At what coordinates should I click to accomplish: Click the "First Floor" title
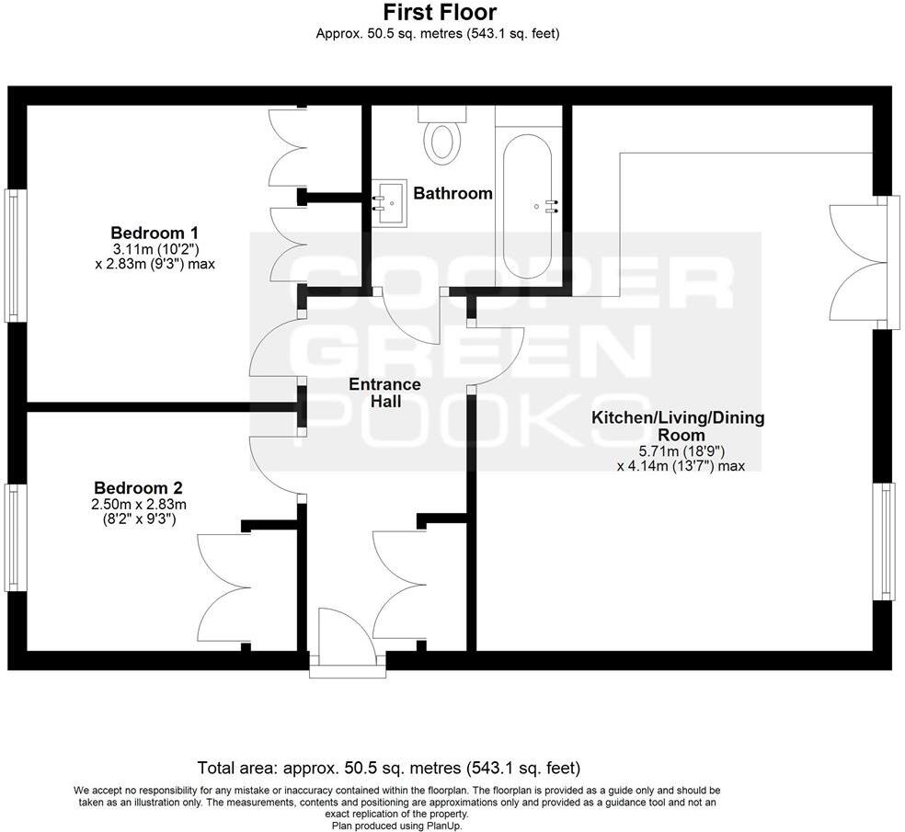(x=439, y=12)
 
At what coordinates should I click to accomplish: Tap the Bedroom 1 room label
(x=155, y=233)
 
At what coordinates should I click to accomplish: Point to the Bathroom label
(x=452, y=194)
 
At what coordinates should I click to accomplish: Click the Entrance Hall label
(x=384, y=393)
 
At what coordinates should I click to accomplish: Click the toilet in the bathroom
(x=442, y=137)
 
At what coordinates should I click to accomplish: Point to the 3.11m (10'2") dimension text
(x=155, y=249)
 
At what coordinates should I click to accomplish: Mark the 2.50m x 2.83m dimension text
(x=139, y=504)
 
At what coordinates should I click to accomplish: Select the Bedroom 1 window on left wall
(x=13, y=256)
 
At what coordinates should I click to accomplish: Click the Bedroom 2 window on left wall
(x=13, y=538)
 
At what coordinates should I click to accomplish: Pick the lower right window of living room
(x=887, y=540)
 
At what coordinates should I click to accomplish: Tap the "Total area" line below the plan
(x=389, y=768)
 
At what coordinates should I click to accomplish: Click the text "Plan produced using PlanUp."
(x=396, y=825)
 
